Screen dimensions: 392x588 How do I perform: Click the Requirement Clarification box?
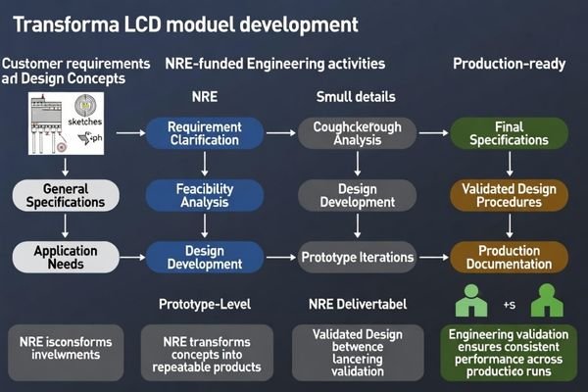click(205, 133)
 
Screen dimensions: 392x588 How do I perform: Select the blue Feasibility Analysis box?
click(205, 195)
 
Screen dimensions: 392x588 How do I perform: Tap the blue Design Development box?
click(205, 257)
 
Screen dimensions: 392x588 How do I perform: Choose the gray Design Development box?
click(358, 195)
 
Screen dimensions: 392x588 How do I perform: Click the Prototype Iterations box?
click(358, 257)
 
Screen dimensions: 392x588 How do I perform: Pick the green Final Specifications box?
click(509, 133)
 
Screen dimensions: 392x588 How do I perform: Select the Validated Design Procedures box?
click(509, 195)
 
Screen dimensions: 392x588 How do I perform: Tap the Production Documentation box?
click(509, 257)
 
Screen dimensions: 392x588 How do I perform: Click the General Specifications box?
click(60, 195)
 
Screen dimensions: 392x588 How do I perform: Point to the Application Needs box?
click(60, 257)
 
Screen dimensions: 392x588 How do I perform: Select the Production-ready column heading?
click(509, 64)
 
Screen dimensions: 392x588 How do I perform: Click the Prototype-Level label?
click(205, 303)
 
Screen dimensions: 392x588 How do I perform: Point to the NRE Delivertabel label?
click(358, 303)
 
